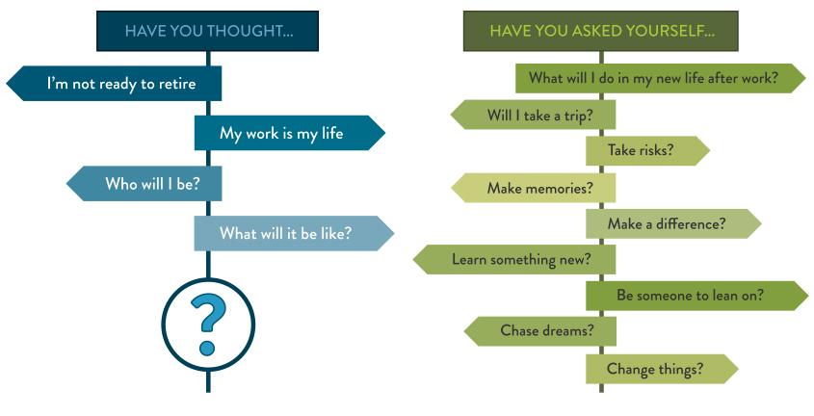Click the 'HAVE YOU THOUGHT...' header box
tap(208, 31)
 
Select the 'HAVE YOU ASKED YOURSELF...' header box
tap(601, 31)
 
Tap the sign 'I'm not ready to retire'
tap(115, 84)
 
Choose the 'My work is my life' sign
tap(290, 133)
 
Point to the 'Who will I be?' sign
tap(144, 184)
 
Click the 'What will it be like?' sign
tap(294, 233)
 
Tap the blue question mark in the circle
tap(208, 325)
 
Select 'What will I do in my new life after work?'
tap(660, 78)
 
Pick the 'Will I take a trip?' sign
tap(533, 115)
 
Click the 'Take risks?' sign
tap(648, 151)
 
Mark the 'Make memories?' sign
tap(533, 188)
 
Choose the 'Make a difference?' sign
tap(673, 224)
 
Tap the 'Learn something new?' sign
tap(514, 259)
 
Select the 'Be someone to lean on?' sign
tap(697, 296)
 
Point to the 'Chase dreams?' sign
tap(539, 331)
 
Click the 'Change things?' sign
tap(662, 369)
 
